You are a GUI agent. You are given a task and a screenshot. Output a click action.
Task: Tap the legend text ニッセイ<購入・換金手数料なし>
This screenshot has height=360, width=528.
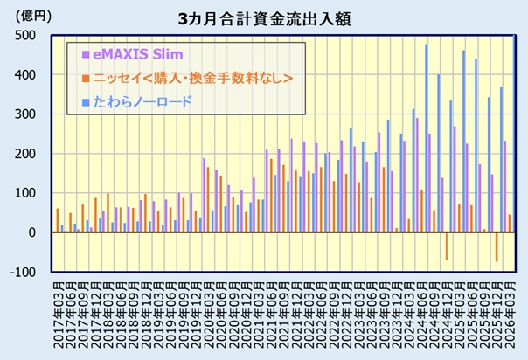pos(190,79)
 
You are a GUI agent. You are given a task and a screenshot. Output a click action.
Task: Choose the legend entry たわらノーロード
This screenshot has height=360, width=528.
pos(144,102)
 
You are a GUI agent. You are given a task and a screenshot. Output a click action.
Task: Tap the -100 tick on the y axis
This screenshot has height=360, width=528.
pos(21,272)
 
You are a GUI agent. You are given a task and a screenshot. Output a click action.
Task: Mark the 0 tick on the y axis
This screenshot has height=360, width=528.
pos(30,232)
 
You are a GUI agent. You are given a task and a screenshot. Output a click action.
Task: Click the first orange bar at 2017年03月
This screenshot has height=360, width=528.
pos(58,220)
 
